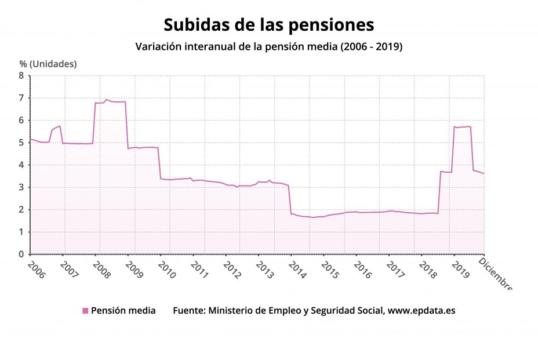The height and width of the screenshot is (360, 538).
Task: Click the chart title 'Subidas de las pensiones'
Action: pos(268,25)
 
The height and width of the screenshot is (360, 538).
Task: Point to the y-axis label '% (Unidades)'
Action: pos(48,64)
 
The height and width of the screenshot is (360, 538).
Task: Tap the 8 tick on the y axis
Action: pos(21,75)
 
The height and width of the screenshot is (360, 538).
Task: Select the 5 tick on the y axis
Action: pos(21,143)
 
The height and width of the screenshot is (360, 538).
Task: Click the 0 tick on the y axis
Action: pos(21,254)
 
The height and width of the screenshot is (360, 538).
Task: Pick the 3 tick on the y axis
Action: pos(21,187)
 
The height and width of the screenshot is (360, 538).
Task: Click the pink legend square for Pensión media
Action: pos(85,311)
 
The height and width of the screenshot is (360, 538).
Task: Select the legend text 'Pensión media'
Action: pos(123,311)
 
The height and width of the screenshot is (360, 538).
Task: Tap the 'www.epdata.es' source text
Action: pos(421,311)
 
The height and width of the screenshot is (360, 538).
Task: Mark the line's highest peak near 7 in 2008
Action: pos(106,100)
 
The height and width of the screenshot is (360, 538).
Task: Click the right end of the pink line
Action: pos(484,173)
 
